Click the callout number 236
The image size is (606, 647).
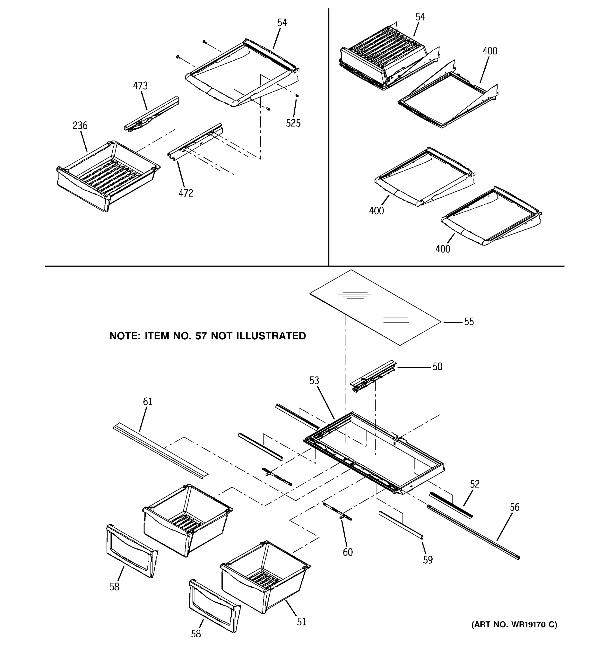click(80, 126)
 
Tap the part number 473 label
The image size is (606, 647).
click(140, 86)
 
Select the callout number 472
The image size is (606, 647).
click(186, 193)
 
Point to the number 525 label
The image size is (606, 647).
click(293, 123)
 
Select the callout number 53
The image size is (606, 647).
click(314, 380)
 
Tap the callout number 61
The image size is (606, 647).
click(148, 402)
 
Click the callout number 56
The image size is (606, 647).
click(514, 507)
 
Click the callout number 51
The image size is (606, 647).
click(301, 622)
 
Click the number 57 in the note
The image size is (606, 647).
click(201, 336)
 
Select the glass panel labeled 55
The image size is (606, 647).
click(374, 308)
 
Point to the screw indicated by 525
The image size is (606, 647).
click(297, 96)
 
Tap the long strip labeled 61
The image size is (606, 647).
click(159, 451)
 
